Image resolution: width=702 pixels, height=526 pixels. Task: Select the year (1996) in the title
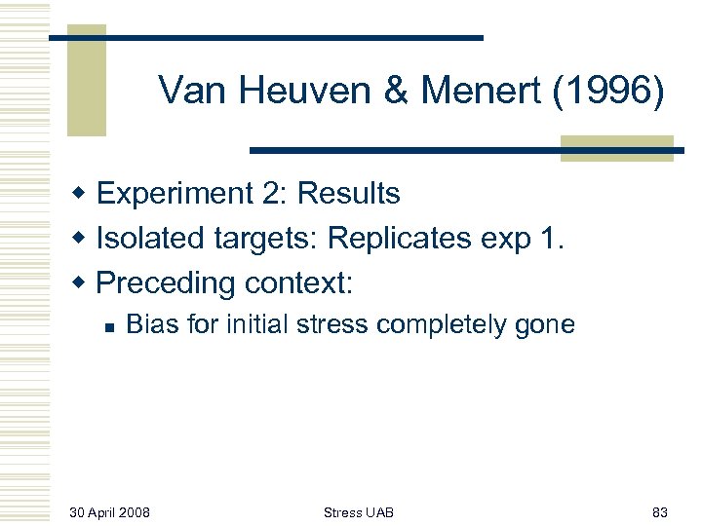(606, 92)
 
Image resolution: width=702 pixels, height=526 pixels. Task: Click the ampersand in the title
(396, 92)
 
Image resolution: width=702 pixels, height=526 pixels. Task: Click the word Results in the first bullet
(348, 194)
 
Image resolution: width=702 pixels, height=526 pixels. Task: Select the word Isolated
(140, 239)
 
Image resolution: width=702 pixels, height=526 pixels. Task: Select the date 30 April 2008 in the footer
(110, 511)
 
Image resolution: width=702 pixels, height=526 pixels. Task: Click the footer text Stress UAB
(359, 511)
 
